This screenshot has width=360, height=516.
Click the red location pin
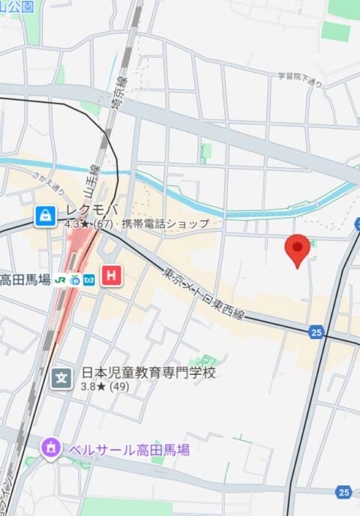click(x=298, y=249)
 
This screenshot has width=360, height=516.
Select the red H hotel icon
click(x=112, y=276)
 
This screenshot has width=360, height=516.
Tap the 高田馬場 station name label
click(x=25, y=280)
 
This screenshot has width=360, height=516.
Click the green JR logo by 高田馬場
click(x=59, y=280)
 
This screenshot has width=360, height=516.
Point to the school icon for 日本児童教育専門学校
click(x=62, y=375)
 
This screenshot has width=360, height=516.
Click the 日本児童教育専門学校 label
click(x=148, y=372)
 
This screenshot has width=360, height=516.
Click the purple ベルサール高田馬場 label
click(x=128, y=450)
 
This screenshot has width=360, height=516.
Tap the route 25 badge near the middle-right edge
click(x=316, y=331)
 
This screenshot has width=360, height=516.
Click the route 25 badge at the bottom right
click(x=343, y=492)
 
